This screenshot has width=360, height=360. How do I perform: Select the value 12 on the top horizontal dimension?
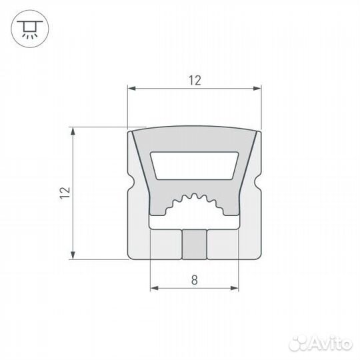194,81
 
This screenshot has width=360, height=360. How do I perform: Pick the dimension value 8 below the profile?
194,281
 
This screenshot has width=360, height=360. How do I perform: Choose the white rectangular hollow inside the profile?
194,165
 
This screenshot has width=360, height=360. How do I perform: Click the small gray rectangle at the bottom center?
194,244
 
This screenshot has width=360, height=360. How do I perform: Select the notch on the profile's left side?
131,180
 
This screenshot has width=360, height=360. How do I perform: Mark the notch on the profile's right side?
257,180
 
